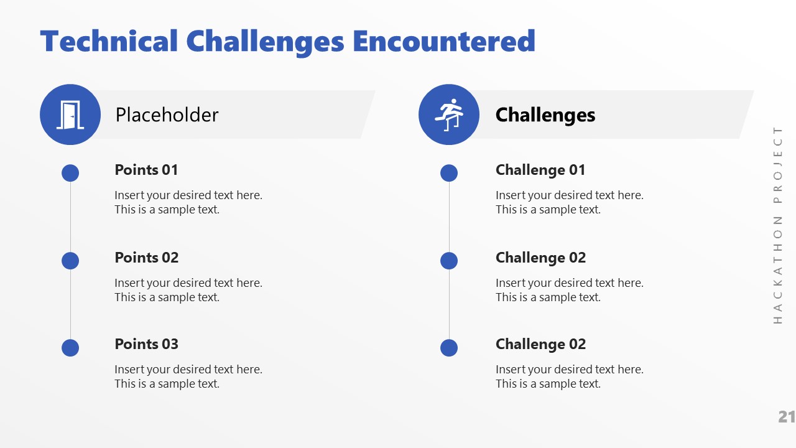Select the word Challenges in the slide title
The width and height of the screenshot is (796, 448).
pyautogui.click(x=265, y=42)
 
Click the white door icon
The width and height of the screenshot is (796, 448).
pyautogui.click(x=70, y=114)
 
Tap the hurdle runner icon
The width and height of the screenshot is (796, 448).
pyautogui.click(x=449, y=114)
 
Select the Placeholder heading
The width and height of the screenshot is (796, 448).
pyautogui.click(x=167, y=115)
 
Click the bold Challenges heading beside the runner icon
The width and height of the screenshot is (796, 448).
pyautogui.click(x=545, y=115)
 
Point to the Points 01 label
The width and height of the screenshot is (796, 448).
pyautogui.click(x=146, y=170)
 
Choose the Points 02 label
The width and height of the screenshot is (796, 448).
pyautogui.click(x=146, y=258)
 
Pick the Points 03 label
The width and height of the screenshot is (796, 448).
pyautogui.click(x=146, y=344)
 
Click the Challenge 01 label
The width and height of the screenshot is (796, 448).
pyautogui.click(x=540, y=170)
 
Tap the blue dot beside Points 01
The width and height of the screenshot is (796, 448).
pyautogui.click(x=70, y=173)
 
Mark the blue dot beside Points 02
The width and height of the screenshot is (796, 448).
pyautogui.click(x=70, y=261)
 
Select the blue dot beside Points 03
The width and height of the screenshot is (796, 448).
pyautogui.click(x=70, y=348)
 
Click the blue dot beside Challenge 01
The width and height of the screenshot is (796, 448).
pyautogui.click(x=449, y=173)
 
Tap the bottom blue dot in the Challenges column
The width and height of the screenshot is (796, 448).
pyautogui.click(x=449, y=348)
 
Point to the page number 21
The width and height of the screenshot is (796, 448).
pyautogui.click(x=787, y=417)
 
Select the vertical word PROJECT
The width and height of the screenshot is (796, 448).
pyautogui.click(x=778, y=165)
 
